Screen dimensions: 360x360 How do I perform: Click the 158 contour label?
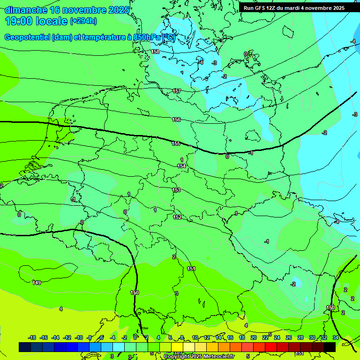click(x=155, y=52)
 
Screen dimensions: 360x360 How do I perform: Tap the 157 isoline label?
click(x=177, y=91)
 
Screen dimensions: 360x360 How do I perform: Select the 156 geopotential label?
click(x=176, y=120)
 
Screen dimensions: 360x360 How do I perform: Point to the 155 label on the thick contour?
click(x=176, y=143)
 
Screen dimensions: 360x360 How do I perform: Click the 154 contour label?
click(x=181, y=166)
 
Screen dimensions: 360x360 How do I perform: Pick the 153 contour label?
click(x=176, y=190)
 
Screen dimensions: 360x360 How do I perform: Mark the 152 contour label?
click(x=177, y=217)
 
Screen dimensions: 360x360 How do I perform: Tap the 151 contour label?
click(x=191, y=269)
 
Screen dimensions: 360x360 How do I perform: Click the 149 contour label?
click(x=37, y=282)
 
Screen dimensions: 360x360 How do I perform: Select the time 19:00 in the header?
click(x=19, y=21)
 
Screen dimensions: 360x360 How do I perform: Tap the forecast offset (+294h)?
click(x=83, y=21)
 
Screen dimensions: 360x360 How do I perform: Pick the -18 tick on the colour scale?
click(x=32, y=337)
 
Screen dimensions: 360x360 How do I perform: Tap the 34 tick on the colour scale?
click(x=335, y=337)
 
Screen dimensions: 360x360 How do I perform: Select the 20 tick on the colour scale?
click(x=253, y=337)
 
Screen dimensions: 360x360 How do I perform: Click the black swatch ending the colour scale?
click(x=330, y=347)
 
